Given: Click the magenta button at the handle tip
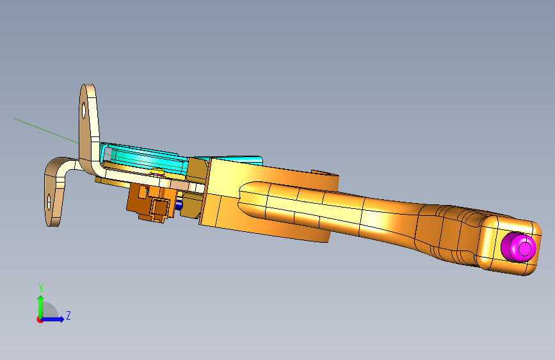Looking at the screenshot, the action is tap(519, 247).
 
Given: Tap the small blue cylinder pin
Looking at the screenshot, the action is tap(179, 204).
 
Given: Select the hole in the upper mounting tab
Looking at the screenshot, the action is tap(84, 111).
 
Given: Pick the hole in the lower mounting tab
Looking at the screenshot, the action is tap(49, 202).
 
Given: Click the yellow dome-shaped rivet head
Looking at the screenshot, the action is tap(157, 172).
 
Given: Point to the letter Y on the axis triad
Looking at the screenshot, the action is tap(41, 288).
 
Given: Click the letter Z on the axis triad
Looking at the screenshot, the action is tap(68, 315).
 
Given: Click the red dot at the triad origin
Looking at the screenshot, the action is tap(39, 320).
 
